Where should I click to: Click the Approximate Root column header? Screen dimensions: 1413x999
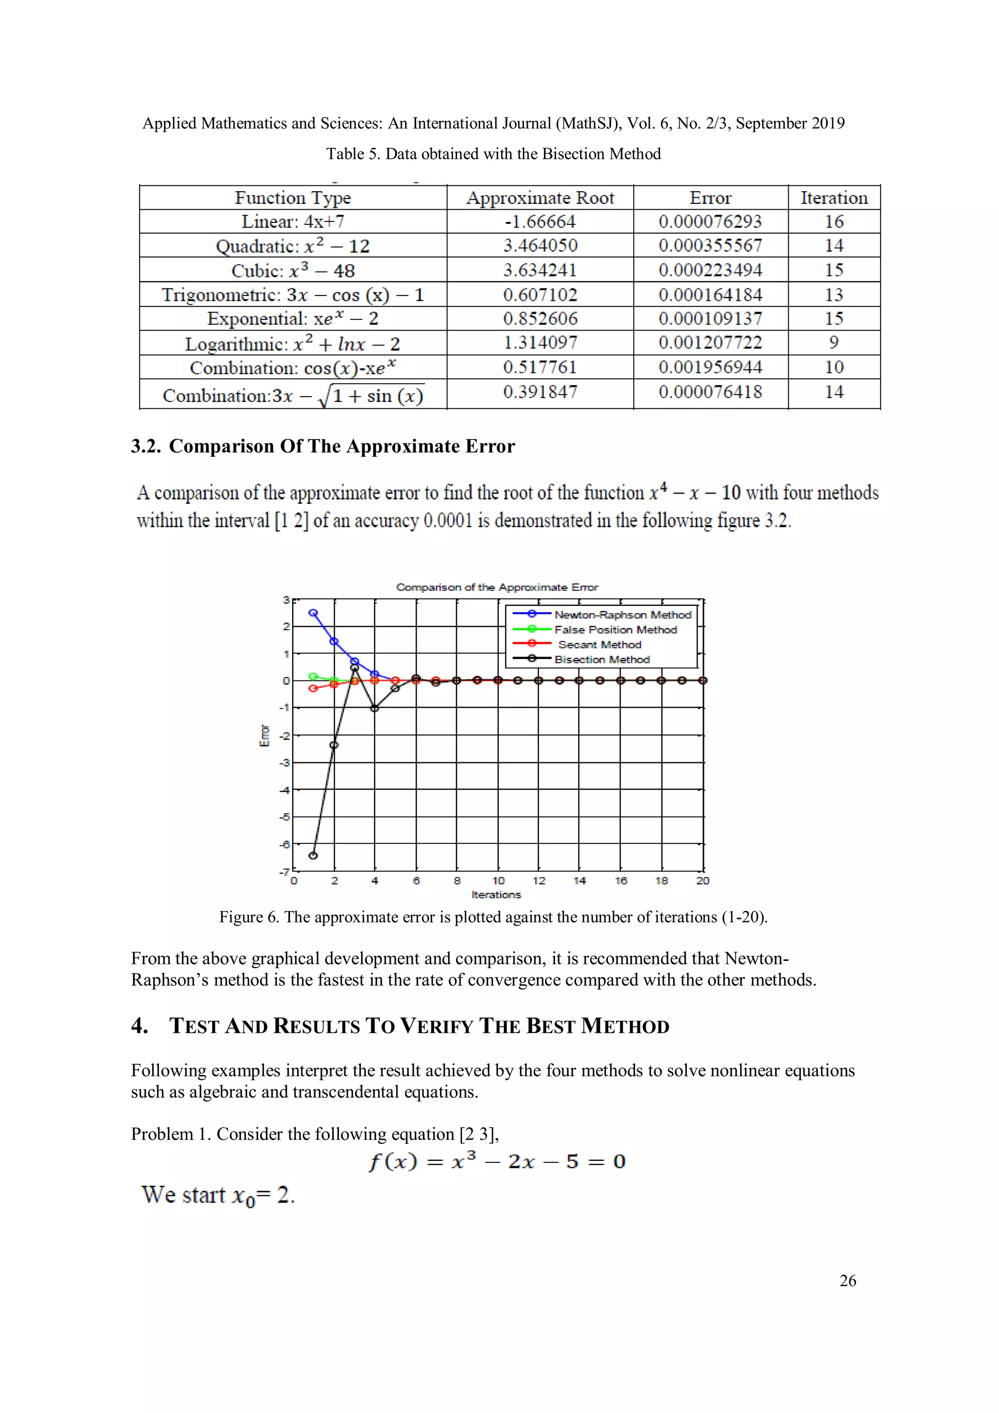click(x=540, y=198)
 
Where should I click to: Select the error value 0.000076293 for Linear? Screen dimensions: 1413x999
click(x=710, y=221)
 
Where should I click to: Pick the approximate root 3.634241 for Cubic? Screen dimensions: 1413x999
click(x=540, y=270)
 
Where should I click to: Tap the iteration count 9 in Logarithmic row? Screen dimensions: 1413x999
click(x=834, y=342)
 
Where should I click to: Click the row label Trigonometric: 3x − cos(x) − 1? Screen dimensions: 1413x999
click(x=293, y=295)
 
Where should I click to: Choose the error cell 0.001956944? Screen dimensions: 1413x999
click(x=710, y=367)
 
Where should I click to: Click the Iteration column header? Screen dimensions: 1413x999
click(x=834, y=198)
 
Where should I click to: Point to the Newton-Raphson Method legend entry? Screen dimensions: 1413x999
click(x=622, y=615)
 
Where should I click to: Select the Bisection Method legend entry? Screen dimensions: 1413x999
click(x=601, y=659)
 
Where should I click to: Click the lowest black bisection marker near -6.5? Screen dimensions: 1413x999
click(x=313, y=856)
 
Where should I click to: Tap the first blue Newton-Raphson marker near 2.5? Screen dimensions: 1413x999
click(x=313, y=613)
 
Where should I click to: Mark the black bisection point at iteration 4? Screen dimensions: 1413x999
click(x=375, y=708)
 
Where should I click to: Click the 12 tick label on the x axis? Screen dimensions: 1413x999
click(x=539, y=881)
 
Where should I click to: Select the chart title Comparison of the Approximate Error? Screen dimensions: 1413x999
click(x=497, y=587)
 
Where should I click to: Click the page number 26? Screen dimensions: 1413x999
click(x=848, y=1281)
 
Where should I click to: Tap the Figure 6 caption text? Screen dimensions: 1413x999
click(x=493, y=917)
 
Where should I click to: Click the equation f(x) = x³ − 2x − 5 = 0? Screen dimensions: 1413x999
click(x=497, y=1161)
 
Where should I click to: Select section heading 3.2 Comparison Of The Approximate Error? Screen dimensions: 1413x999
click(x=322, y=446)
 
